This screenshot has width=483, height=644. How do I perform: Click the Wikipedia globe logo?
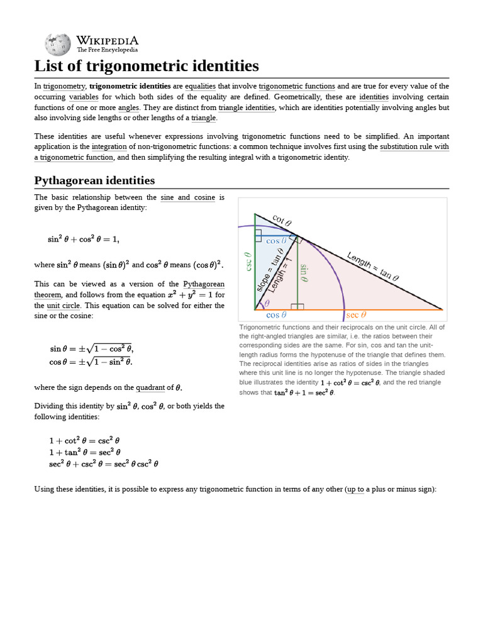(58, 43)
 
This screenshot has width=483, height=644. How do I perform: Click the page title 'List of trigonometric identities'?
(146, 66)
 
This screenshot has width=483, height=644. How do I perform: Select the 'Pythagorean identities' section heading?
(94, 180)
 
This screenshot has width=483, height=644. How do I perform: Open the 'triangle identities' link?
(247, 108)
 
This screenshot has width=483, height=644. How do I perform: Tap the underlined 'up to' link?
(355, 489)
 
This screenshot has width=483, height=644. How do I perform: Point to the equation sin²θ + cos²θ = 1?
(83, 239)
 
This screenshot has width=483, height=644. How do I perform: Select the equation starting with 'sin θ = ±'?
(92, 348)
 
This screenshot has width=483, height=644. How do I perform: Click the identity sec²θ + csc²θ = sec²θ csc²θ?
(104, 464)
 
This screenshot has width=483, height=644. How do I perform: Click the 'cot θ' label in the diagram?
(282, 220)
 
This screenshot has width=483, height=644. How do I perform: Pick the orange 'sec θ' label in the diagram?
(357, 315)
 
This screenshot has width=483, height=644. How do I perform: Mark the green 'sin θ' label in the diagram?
(304, 274)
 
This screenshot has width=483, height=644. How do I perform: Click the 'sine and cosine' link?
(189, 197)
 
